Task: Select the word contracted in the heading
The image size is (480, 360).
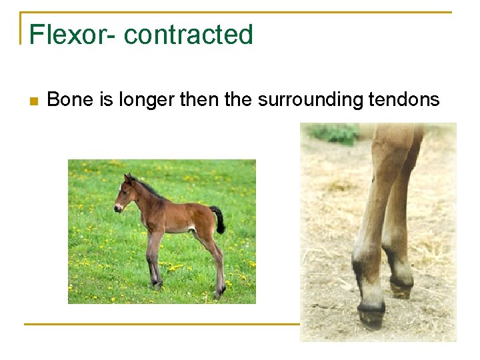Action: pos(189,35)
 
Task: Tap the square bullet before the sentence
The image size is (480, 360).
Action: pos(33,101)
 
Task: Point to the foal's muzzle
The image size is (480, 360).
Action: pos(118,207)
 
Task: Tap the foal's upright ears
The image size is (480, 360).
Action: pos(129,178)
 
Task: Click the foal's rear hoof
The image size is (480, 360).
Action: pos(219,294)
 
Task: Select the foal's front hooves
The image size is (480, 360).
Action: pos(157,285)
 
